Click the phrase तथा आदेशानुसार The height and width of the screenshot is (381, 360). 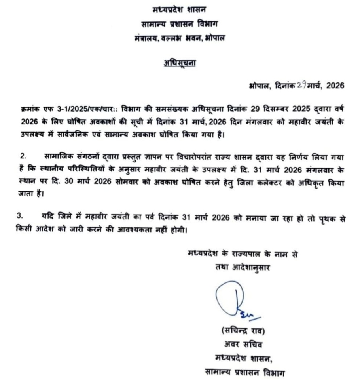coord(240,267)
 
